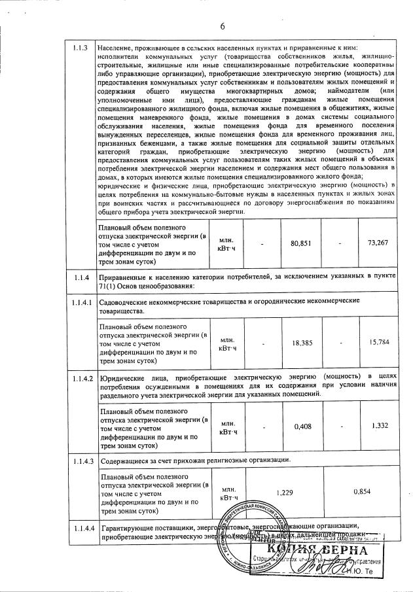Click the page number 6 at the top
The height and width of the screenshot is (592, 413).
click(222, 26)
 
